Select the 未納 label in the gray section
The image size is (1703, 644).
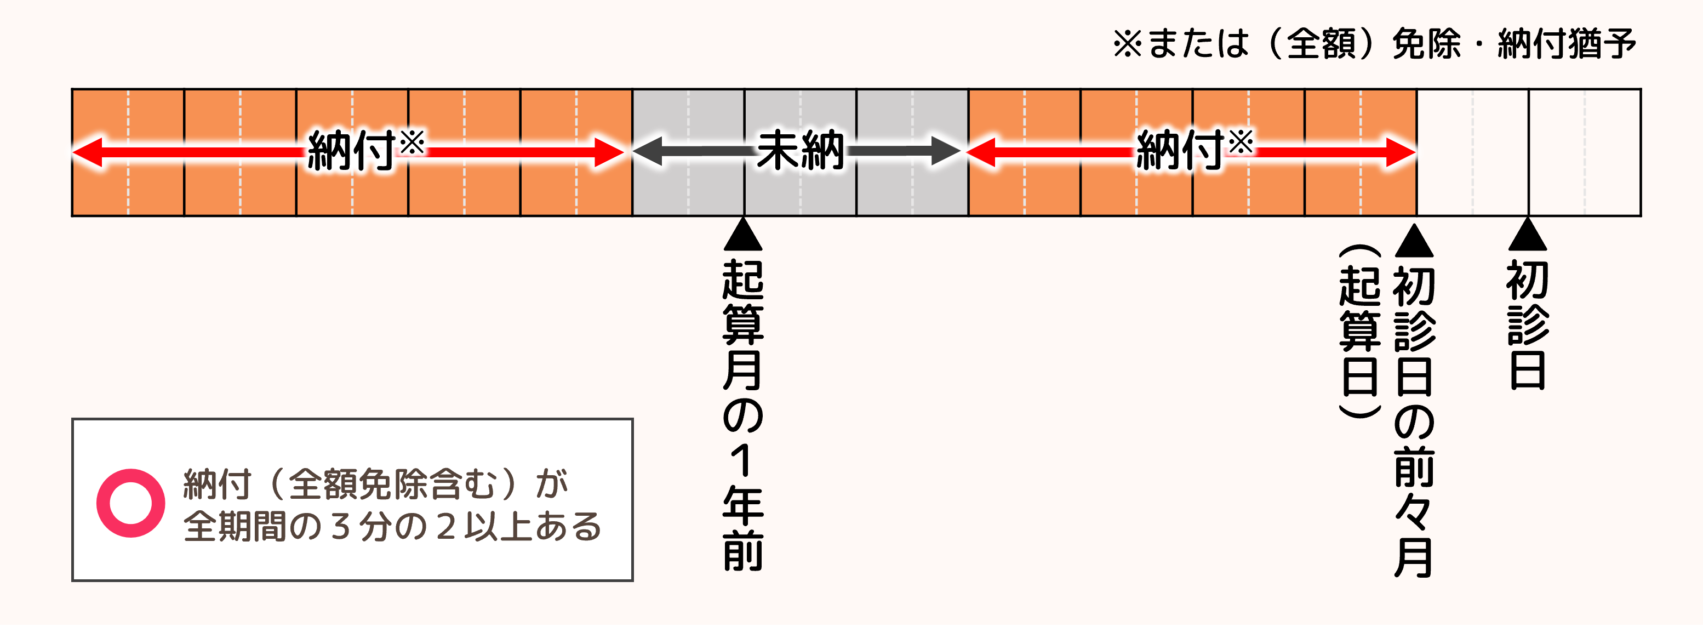(800, 151)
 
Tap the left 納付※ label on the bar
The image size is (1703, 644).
(365, 151)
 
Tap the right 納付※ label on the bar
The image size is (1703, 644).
(1194, 151)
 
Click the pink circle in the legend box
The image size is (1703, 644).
(130, 503)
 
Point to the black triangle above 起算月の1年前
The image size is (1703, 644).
(743, 235)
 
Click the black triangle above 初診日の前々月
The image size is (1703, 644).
(1414, 241)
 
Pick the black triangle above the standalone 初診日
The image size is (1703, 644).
(1527, 235)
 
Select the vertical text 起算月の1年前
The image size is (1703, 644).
(743, 413)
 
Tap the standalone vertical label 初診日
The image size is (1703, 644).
(1527, 324)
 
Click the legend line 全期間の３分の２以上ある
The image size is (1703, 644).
(391, 527)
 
